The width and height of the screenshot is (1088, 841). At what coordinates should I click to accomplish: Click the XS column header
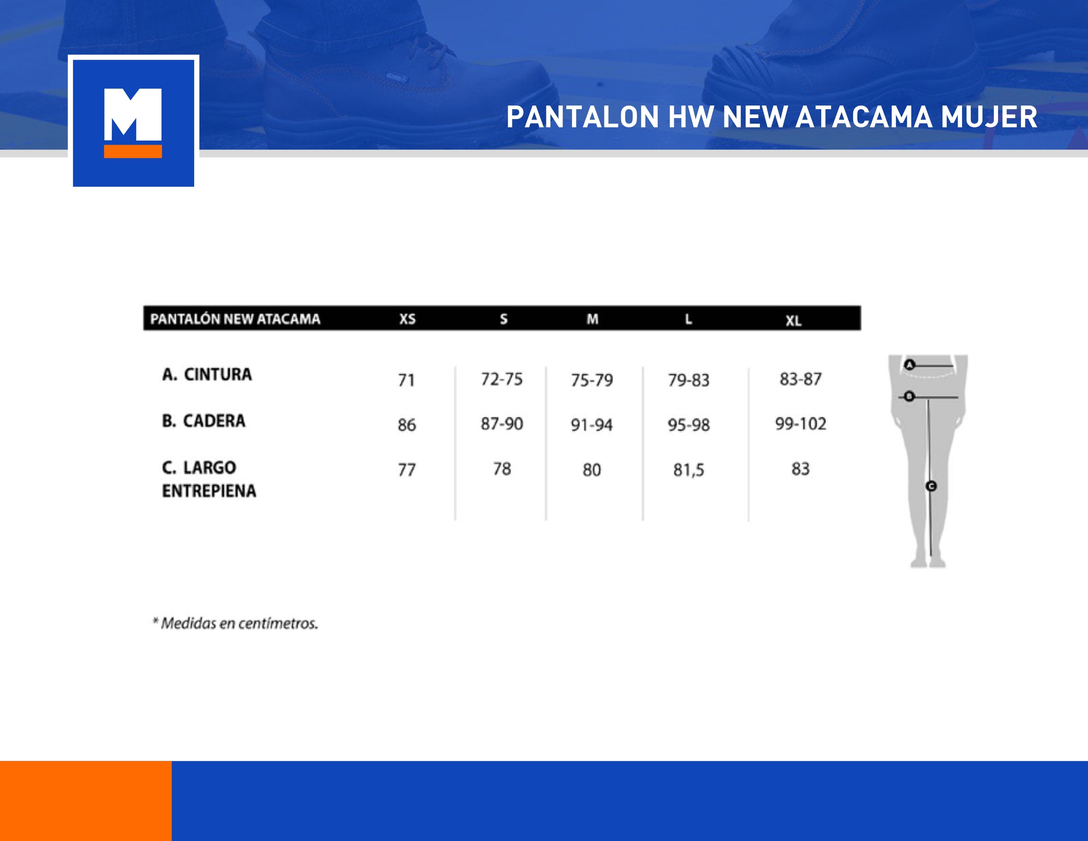click(x=407, y=319)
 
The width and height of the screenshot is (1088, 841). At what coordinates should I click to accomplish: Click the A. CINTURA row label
click(x=207, y=375)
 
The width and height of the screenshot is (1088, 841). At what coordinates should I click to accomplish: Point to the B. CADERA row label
click(x=204, y=421)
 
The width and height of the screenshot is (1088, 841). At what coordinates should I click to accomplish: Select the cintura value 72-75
click(x=502, y=380)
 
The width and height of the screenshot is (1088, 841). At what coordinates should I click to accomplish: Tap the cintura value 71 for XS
click(x=406, y=381)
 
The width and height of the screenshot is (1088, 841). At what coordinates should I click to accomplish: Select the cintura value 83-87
click(x=800, y=380)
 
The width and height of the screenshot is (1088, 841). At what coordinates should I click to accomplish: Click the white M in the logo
click(x=133, y=114)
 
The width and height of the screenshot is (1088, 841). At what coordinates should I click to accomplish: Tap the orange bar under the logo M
click(x=133, y=151)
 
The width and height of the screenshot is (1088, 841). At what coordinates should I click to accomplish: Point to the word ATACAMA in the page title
click(x=863, y=118)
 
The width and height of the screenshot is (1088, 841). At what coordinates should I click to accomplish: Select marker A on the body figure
click(x=910, y=365)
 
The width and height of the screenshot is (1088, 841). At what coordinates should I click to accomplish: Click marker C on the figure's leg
click(x=931, y=486)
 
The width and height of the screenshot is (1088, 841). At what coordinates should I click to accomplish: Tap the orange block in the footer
click(x=86, y=801)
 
